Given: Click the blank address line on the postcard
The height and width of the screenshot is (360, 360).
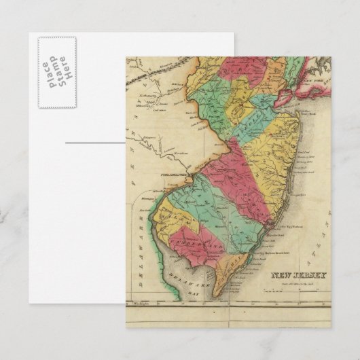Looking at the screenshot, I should click(x=95, y=143).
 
